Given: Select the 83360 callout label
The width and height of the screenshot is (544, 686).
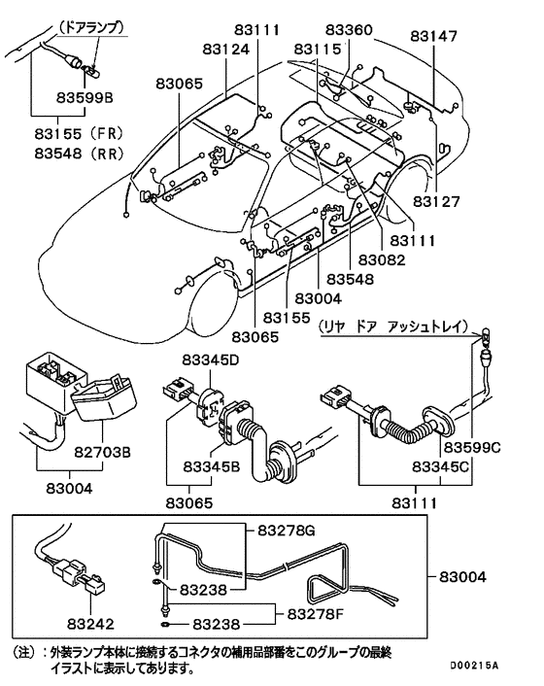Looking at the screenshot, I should [x=349, y=31].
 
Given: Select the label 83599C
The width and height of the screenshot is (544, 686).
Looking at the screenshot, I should [x=471, y=448].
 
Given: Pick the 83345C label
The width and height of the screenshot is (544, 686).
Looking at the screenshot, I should [x=444, y=467].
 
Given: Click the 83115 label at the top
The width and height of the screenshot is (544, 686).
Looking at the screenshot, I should [x=317, y=48].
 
